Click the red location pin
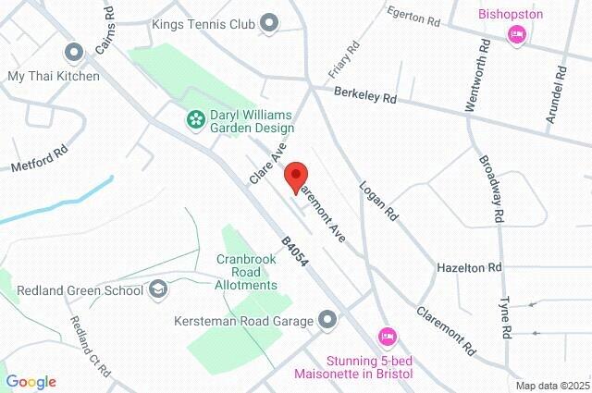coord(295,176)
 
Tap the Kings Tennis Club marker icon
coord(270,22)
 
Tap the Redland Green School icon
coord(159,290)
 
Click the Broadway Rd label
coord(491,188)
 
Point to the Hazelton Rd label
coord(468,267)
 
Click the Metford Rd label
coord(40,157)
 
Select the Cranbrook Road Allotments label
coord(247,272)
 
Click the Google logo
coord(31,382)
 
